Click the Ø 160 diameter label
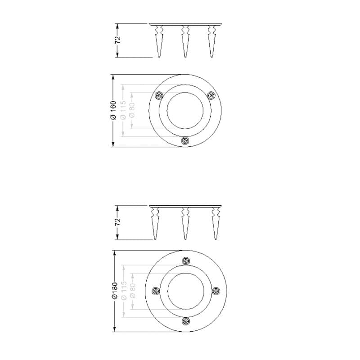113,111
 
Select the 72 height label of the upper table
117,40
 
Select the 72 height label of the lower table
117,222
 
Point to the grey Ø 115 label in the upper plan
123,110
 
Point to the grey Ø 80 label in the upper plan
132,110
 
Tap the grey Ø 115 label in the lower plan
124,291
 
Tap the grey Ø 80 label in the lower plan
132,291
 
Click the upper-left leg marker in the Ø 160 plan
159,95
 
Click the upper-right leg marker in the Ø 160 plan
211,95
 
